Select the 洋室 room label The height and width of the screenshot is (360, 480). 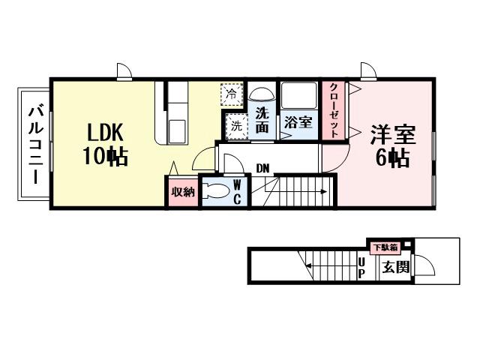click(x=391, y=136)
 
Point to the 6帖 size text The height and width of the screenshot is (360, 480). click(x=391, y=158)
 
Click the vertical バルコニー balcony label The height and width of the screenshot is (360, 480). click(x=34, y=145)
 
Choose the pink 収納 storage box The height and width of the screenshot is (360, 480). click(x=182, y=192)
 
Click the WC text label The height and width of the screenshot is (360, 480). click(x=236, y=191)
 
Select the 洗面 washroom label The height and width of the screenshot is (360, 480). click(x=262, y=121)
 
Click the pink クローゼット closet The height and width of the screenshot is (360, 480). click(x=331, y=109)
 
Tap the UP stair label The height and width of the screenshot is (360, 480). click(x=361, y=267)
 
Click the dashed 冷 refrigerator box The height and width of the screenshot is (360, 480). click(x=232, y=94)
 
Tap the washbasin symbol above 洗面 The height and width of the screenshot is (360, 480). click(x=262, y=95)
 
